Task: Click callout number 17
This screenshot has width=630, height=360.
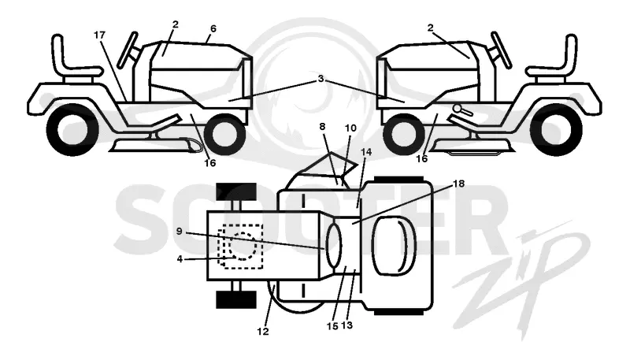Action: [99, 35]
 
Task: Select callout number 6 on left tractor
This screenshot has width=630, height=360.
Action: [213, 28]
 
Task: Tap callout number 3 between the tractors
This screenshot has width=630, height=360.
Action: [321, 79]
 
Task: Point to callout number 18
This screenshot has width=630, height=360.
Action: [458, 184]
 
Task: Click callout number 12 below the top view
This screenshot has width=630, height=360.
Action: [263, 332]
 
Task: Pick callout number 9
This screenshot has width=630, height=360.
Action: [180, 231]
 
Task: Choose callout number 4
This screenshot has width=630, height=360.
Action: [180, 259]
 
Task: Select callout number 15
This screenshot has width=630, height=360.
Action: [332, 326]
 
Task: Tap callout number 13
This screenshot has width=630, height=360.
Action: [346, 325]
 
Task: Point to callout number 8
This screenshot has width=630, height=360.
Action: [322, 127]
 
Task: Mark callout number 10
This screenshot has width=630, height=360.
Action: [350, 128]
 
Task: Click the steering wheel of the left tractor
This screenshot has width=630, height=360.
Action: [127, 50]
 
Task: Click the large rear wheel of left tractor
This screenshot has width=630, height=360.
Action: [72, 130]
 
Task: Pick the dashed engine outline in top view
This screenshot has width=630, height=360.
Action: [240, 247]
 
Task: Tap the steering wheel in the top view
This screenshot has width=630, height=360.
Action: [334, 246]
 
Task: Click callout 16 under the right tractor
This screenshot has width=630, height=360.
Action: [421, 159]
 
